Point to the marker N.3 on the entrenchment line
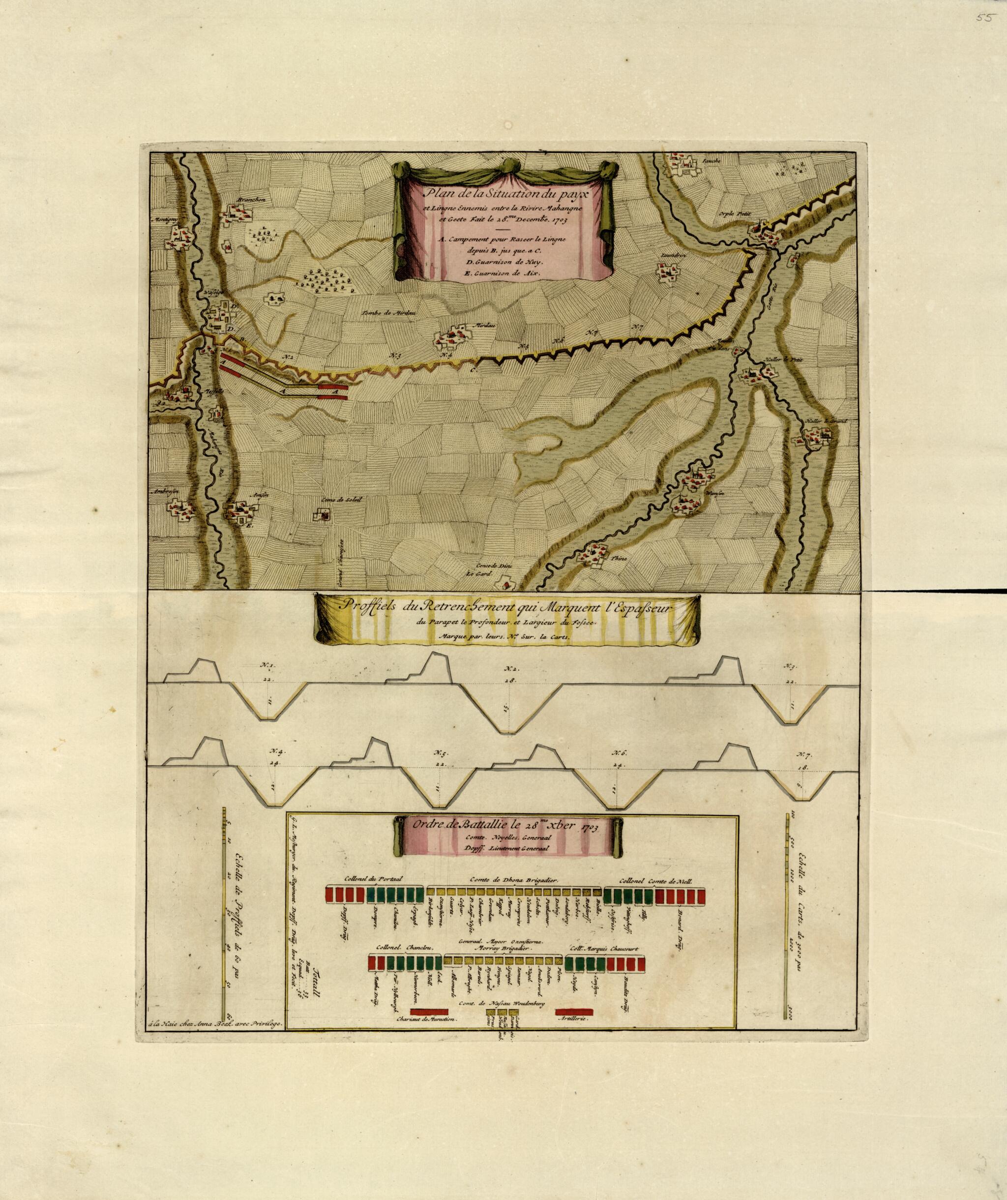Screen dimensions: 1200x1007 [x=395, y=356]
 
